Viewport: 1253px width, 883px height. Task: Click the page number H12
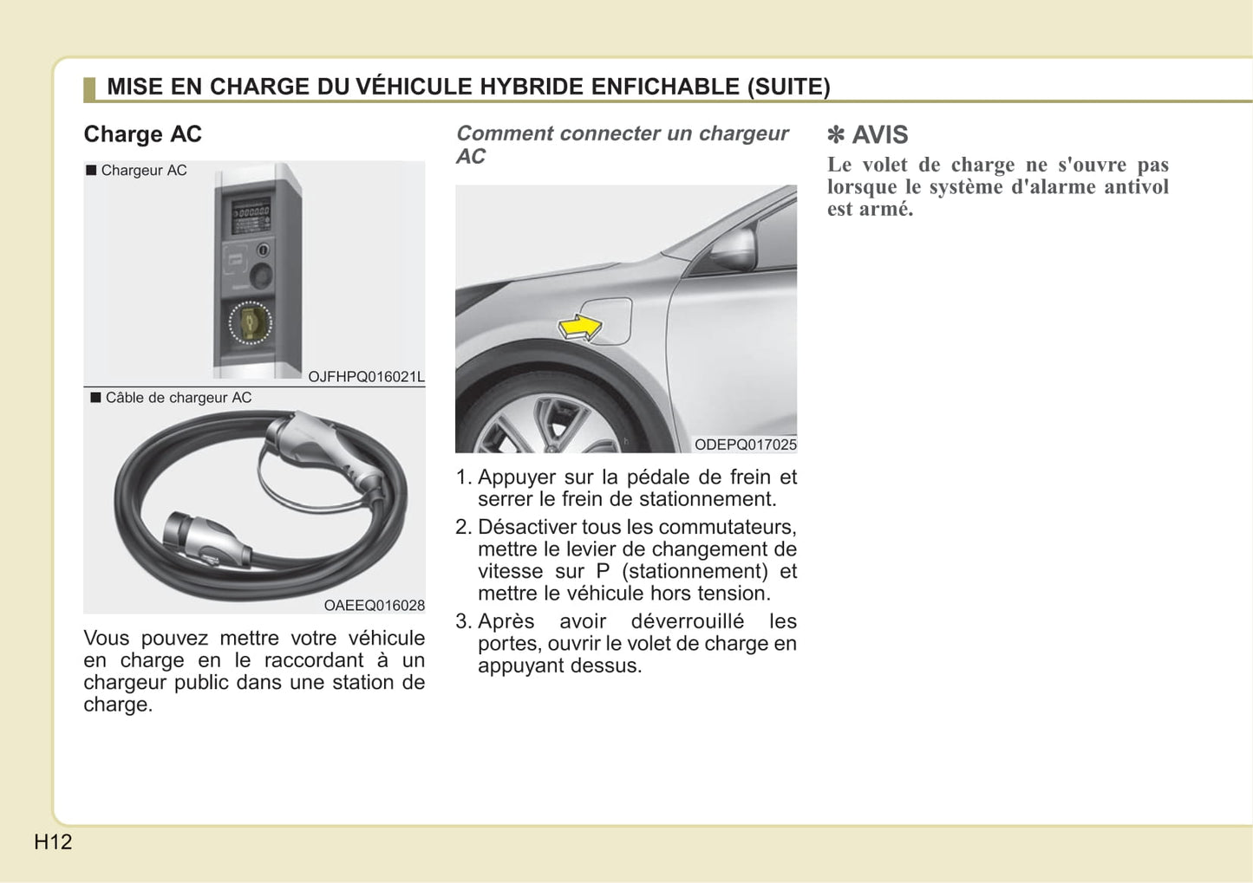coord(53,841)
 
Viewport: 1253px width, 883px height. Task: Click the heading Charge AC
coord(142,134)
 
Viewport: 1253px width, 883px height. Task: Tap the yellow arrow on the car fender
coord(579,328)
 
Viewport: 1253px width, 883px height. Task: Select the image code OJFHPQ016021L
coord(366,377)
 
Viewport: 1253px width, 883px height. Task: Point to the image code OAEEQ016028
coord(374,606)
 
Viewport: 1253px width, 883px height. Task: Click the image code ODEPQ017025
coord(745,445)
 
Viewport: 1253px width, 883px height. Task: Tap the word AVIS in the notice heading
coord(879,135)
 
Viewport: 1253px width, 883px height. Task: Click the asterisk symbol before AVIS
coord(835,135)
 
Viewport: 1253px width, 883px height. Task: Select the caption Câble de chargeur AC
coord(178,398)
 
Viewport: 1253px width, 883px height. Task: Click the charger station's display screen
coord(251,211)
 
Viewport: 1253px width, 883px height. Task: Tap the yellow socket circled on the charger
coord(250,322)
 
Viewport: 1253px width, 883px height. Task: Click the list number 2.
coord(464,528)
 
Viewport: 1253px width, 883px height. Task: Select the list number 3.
coord(464,622)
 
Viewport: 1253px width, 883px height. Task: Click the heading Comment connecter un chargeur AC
coord(622,145)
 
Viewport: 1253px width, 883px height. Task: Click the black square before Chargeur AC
coord(91,170)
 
